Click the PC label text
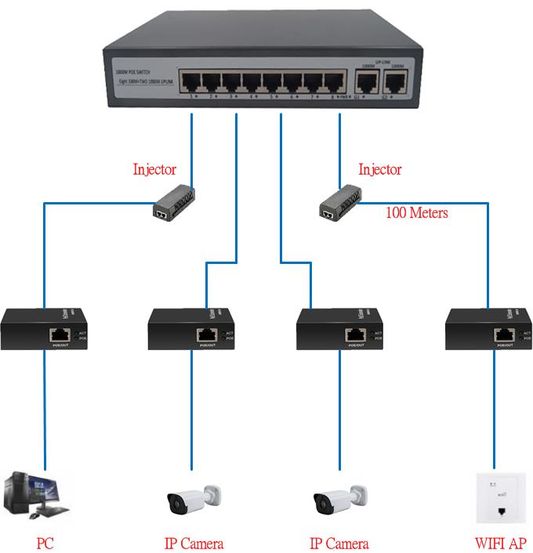pos(45,543)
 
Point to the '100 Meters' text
pos(417,212)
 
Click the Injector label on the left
pos(154,169)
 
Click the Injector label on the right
pos(379,169)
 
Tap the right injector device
pos(339,201)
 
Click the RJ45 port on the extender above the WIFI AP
pos(502,334)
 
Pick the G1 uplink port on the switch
pos(364,81)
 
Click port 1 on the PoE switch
pos(190,81)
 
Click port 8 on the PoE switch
pos(335,81)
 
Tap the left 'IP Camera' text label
pos(194,543)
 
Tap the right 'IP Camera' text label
pos(339,543)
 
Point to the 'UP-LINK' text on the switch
pos(382,60)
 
